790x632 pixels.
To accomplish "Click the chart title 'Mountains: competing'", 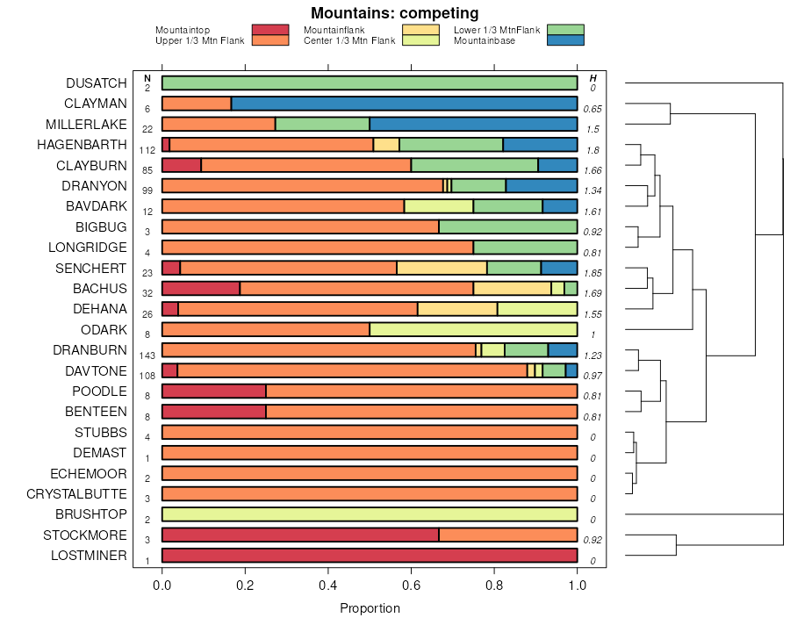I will pos(395,13).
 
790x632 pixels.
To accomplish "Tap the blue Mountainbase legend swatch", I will pos(564,40).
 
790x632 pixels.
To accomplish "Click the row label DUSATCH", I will pos(97,83).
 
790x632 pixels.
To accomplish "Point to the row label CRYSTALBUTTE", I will pos(76,494).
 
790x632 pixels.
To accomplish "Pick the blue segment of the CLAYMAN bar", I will pos(404,104).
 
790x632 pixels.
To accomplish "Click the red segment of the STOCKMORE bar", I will pos(300,535).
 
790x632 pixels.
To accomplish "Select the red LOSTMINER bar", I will pos(370,556).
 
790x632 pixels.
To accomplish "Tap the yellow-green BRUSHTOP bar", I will pos(370,514).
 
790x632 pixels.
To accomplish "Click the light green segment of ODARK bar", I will pos(473,330).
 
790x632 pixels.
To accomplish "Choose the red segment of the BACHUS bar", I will pos(201,289).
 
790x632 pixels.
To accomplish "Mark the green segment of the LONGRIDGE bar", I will pos(525,248).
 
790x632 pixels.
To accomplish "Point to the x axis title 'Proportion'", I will pos(370,608).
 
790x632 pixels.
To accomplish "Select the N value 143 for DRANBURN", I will pos(147,355).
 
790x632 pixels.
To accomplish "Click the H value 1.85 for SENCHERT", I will pos(592,273).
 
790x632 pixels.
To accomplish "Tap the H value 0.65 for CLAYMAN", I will pos(592,109).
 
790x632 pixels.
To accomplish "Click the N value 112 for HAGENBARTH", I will pos(147,150).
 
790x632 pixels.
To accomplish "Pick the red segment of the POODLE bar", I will pos(214,391).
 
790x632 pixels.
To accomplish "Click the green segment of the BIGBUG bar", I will pos(508,227).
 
